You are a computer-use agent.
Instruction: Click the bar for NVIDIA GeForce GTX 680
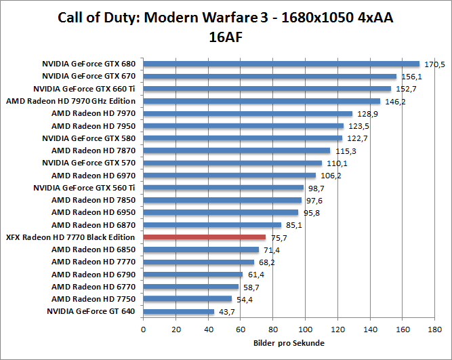pos(281,64)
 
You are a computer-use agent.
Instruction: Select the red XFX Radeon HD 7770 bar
pos(205,237)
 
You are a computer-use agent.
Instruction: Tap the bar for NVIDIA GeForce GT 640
pos(178,312)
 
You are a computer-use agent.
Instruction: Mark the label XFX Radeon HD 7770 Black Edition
pos(71,237)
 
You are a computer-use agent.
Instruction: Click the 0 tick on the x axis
pos(143,330)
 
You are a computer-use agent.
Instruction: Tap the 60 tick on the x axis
pos(241,330)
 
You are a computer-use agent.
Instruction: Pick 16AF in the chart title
pos(226,38)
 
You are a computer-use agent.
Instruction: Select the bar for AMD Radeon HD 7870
pos(237,151)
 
